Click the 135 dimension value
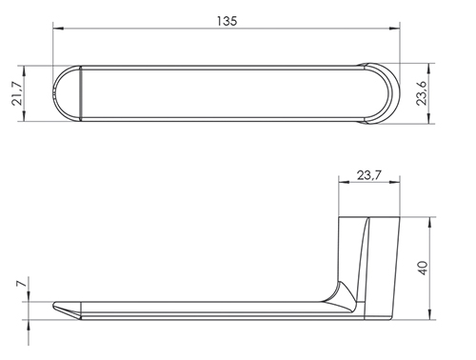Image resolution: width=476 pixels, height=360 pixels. point(227,21)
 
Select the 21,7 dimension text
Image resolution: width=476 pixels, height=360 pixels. point(16,93)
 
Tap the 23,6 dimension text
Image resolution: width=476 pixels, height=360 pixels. point(422,93)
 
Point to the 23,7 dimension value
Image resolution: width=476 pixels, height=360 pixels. point(368,175)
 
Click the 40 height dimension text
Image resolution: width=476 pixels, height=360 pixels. point(424,269)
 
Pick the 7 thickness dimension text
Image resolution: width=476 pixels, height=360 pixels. point(20,284)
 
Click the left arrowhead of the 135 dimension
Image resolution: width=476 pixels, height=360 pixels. point(58,29)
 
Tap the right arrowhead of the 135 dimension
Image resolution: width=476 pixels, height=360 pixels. point(394,29)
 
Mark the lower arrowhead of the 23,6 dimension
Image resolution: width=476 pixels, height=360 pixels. point(429,118)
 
